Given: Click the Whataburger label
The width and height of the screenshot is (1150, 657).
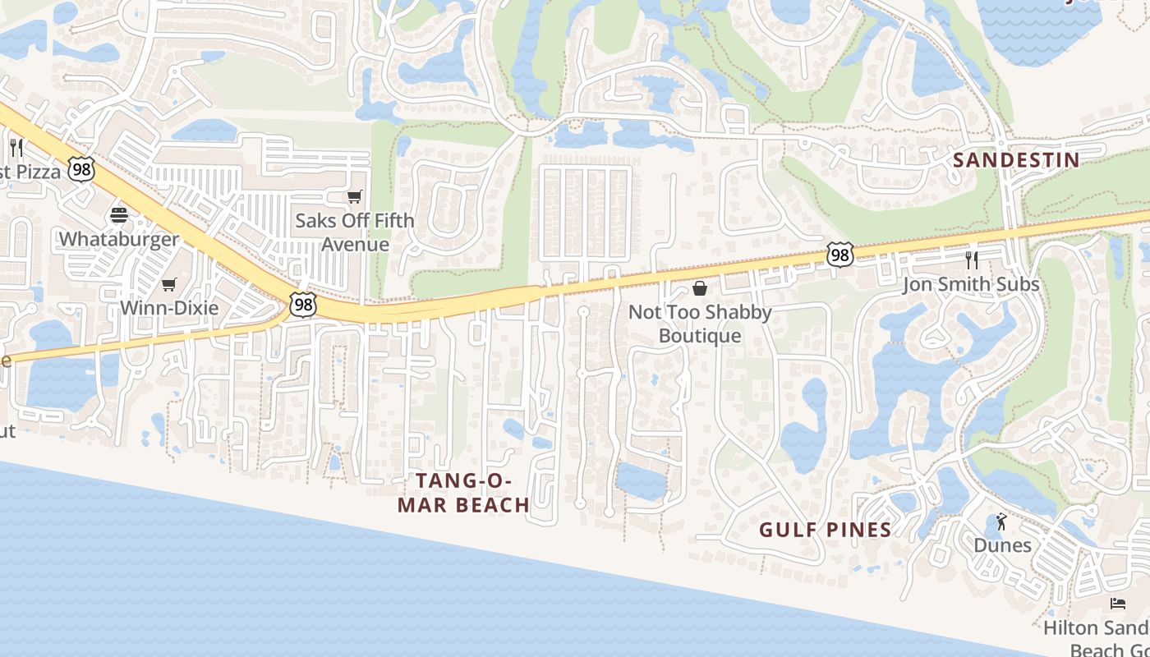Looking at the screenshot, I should pos(119,239).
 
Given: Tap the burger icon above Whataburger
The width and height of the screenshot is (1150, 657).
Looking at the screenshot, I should pos(119,215).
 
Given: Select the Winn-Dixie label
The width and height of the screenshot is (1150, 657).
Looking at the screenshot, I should pos(169,308).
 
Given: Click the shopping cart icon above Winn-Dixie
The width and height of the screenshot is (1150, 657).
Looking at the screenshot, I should pos(169,284).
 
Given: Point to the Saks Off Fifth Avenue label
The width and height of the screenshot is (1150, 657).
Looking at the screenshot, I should pos(355,232).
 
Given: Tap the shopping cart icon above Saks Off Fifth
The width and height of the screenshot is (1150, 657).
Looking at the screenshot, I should pos(355,196).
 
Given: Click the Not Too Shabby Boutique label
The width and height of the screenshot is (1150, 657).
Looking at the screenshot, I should pos(700,324).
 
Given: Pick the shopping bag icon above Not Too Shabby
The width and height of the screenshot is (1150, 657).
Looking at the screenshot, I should pos(700,288).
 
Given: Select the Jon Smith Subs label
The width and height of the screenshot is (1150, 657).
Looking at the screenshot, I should pos(971,284).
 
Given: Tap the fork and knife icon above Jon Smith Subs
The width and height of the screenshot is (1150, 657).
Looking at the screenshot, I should pos(972,260).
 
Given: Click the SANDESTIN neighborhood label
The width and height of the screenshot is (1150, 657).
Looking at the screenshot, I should pos(1016,160).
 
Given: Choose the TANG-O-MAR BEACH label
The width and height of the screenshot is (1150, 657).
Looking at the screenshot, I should pos(463,493).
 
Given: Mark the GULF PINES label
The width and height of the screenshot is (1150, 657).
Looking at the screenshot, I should pos(825,530).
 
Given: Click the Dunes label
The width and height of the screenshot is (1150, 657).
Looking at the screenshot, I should pos(1002,545).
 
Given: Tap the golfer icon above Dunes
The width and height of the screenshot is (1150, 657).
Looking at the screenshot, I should pos(1001,521).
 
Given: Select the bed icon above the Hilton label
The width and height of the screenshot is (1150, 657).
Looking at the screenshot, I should pos(1118,604).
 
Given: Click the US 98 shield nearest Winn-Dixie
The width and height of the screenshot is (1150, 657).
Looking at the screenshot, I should pos(303,305).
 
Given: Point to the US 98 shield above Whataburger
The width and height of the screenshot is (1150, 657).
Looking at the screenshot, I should pos(81,170).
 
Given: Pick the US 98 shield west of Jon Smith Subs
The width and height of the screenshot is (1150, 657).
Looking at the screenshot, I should pos(839,255).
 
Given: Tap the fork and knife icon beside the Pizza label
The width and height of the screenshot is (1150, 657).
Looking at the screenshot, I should pos(16,148).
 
